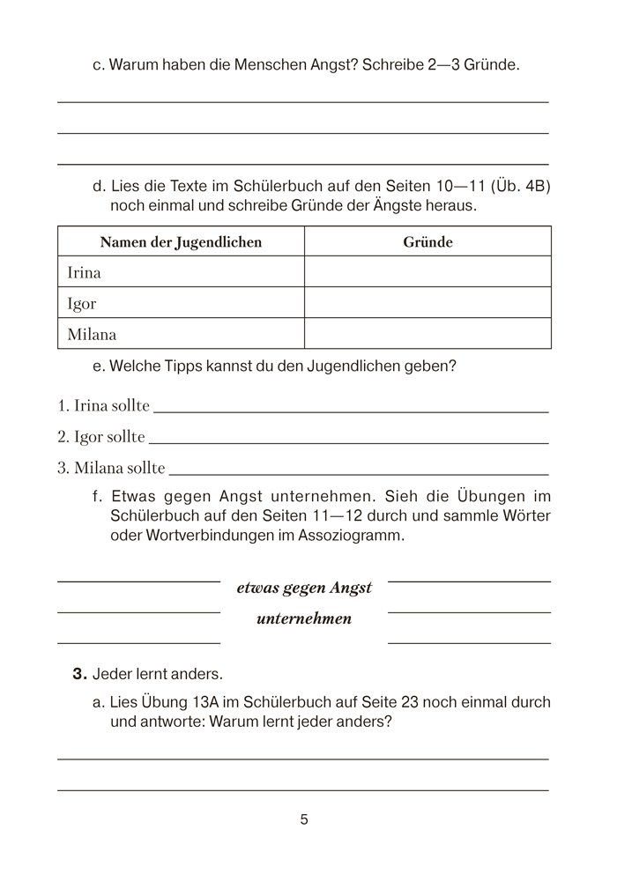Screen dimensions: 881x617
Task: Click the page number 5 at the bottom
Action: [304, 820]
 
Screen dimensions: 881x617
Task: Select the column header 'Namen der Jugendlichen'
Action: [181, 242]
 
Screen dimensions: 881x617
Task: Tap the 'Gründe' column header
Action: [427, 242]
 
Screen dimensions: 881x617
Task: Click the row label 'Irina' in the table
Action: [85, 272]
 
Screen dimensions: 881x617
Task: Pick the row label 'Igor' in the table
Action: [82, 303]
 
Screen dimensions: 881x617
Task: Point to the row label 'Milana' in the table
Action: [92, 334]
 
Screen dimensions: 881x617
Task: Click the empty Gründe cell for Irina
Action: [427, 272]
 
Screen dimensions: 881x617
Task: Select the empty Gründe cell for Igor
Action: [427, 303]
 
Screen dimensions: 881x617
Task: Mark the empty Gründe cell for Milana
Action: [427, 334]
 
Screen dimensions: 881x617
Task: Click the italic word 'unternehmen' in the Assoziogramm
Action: [304, 618]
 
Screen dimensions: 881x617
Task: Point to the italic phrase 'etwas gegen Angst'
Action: [304, 588]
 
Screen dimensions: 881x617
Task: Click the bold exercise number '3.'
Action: [81, 675]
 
